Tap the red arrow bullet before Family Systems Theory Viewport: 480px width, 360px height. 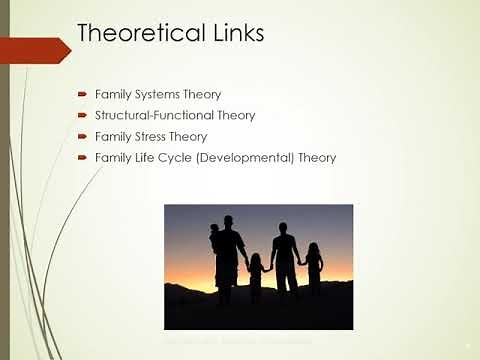(x=83, y=95)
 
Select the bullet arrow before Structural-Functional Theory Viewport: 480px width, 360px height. (x=83, y=116)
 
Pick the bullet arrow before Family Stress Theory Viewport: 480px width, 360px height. (x=83, y=137)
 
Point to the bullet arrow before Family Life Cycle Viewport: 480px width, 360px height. (x=83, y=158)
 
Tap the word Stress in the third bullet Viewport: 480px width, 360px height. (x=151, y=137)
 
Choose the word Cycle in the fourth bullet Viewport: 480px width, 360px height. (x=186, y=158)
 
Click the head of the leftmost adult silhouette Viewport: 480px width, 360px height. (x=228, y=221)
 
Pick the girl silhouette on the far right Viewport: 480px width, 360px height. (x=314, y=265)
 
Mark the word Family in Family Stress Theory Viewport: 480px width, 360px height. (x=113, y=137)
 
